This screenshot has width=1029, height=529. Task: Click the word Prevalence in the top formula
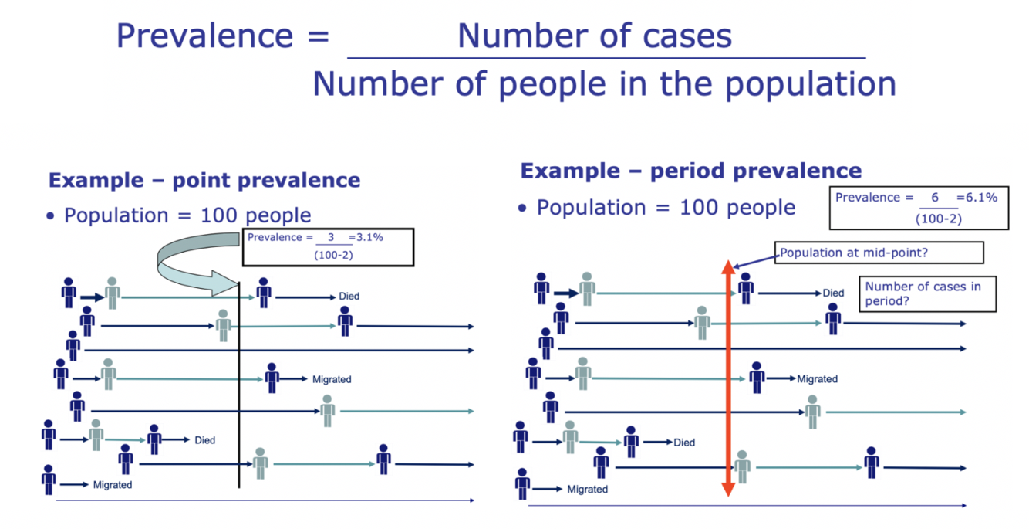(203, 36)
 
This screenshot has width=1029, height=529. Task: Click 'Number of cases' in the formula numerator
(595, 36)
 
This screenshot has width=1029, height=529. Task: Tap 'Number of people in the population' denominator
(604, 83)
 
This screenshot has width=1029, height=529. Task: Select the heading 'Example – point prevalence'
(204, 181)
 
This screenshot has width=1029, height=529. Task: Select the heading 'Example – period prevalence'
(690, 171)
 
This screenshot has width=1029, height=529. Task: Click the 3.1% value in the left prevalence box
(368, 237)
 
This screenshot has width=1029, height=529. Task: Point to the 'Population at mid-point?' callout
(879, 253)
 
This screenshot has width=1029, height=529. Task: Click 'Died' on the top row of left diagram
(349, 297)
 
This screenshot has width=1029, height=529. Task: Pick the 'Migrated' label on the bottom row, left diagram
(113, 485)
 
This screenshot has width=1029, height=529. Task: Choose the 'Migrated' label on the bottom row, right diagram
(587, 489)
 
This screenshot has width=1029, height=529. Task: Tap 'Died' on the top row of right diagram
(833, 293)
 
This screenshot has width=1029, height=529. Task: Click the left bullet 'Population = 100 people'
(187, 215)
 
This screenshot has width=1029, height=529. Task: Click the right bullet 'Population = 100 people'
(665, 207)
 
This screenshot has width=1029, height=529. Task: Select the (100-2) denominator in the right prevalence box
(937, 219)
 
